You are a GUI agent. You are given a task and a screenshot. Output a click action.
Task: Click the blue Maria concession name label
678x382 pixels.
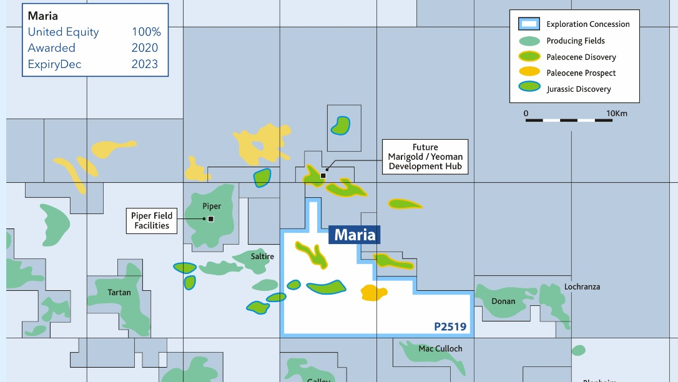355,235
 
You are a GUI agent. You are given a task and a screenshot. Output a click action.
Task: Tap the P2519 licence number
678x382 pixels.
450,326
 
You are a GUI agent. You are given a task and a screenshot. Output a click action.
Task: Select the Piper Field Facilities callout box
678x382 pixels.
152,221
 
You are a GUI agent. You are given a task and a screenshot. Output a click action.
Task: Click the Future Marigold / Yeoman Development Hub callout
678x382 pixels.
425,157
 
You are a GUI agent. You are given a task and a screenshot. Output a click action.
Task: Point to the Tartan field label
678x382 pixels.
119,292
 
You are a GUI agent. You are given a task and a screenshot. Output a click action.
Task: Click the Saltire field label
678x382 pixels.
262,256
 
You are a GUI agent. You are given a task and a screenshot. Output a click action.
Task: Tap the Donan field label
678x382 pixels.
503,301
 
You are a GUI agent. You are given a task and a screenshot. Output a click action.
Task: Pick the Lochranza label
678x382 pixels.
582,286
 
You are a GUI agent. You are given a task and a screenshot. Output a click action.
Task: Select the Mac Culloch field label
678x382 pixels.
440,348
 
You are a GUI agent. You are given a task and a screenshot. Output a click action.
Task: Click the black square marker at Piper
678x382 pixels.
211,218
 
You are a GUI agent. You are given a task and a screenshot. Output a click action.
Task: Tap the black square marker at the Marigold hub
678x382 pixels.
323,176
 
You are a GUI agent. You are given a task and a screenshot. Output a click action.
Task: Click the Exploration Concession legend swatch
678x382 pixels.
529,24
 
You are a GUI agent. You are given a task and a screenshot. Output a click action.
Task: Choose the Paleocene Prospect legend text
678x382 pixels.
581,73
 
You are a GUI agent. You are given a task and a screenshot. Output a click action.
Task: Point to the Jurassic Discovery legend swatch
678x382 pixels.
529,89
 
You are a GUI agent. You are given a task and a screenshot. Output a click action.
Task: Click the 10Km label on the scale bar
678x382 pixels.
617,113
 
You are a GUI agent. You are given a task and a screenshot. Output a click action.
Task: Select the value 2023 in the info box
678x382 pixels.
145,64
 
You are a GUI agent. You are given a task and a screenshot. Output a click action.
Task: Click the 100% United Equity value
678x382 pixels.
146,32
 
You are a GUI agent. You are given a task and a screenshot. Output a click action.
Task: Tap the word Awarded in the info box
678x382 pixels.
51,48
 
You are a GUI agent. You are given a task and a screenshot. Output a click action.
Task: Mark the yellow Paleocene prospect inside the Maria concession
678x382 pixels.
373,292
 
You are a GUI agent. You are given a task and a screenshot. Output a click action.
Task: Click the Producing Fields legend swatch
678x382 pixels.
529,41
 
